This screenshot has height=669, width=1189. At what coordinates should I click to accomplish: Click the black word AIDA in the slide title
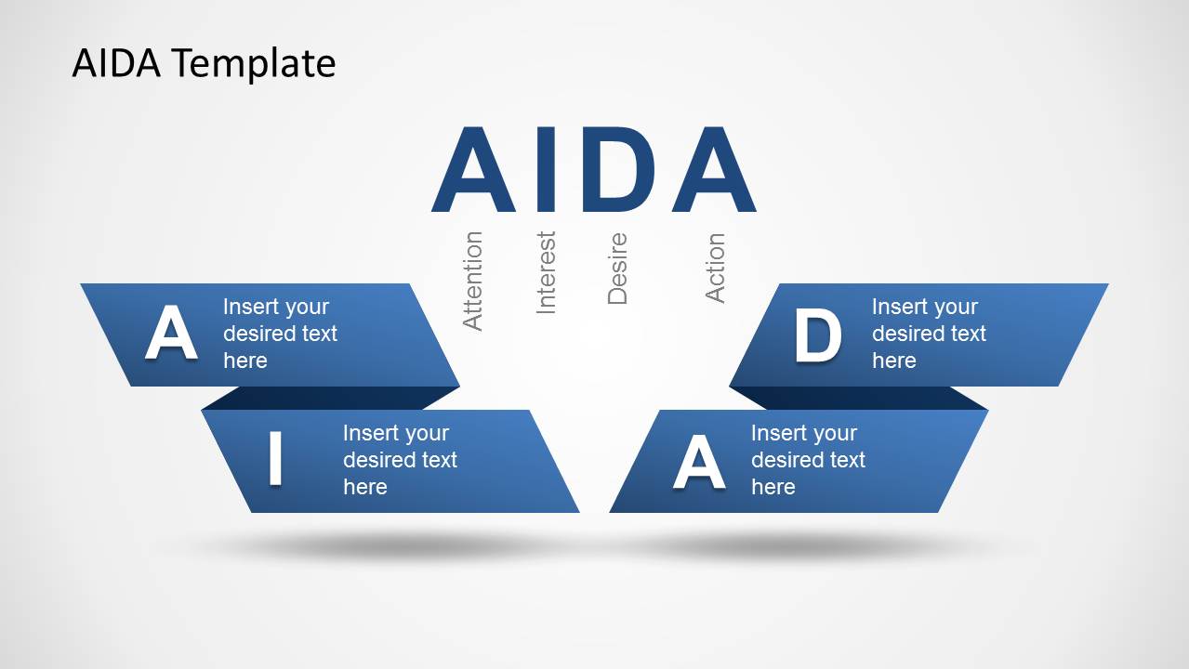tap(116, 63)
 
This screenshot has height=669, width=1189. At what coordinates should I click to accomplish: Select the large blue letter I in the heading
tap(546, 169)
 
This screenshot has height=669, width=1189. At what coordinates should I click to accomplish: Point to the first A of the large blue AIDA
tap(473, 169)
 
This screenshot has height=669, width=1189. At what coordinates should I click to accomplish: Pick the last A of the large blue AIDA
tap(714, 169)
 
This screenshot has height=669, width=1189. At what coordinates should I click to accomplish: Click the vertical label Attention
tap(472, 282)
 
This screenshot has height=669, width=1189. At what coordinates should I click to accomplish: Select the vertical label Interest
tap(546, 272)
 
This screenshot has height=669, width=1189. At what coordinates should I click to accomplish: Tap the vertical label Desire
tap(617, 269)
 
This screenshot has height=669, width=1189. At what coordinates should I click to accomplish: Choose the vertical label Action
tap(715, 268)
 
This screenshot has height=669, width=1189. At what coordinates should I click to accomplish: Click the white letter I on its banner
tap(275, 458)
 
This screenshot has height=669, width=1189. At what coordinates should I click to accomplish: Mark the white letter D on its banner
tap(817, 335)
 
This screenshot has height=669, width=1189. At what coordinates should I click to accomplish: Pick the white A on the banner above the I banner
tap(171, 333)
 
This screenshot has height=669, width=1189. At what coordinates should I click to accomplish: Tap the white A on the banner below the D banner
tap(699, 462)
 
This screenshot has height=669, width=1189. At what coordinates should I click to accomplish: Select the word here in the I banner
tap(365, 487)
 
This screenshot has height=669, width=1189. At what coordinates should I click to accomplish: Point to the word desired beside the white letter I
tap(374, 460)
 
